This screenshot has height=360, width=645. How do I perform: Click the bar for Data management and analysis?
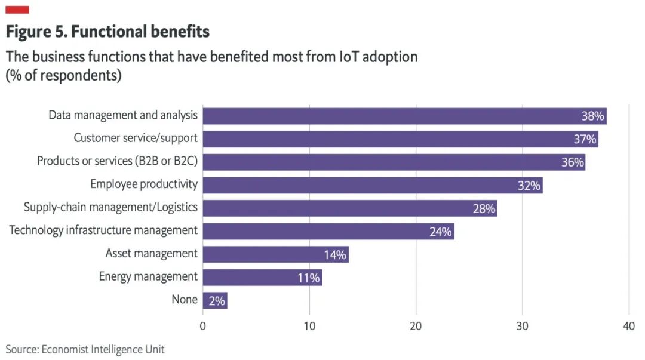coord(404,116)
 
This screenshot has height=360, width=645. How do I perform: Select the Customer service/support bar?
coord(400,139)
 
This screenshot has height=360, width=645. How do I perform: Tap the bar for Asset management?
coord(275,254)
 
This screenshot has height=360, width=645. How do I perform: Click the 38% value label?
coord(592,116)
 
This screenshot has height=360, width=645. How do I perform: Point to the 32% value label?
coord(529,186)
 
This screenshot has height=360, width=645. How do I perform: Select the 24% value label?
coord(440,232)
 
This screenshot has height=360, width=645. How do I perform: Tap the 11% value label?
coord(309,278)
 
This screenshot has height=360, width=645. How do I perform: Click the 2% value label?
coord(217,301)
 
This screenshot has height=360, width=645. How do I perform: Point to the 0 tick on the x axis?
coord(203,326)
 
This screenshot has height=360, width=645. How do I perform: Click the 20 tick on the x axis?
coord(416,326)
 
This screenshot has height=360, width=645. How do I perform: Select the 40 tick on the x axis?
coord(628,326)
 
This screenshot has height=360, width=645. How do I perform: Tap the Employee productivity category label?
coord(144,184)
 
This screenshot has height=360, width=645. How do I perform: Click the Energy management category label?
coord(148,276)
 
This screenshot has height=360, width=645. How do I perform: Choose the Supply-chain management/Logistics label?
coord(110,207)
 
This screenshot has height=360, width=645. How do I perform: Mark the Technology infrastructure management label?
coord(103,230)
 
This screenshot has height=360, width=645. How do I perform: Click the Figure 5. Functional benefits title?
coord(107,31)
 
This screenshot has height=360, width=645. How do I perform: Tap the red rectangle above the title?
coord(17,10)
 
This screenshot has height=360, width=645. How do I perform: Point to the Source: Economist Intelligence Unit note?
coord(85,349)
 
